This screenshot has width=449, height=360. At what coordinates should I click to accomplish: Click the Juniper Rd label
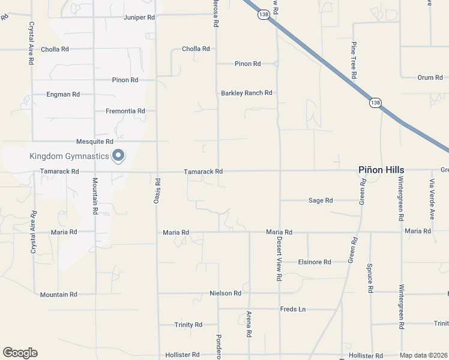139,17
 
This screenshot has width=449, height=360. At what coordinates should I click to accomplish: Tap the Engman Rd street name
63,95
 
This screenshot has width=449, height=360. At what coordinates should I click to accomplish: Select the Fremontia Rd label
125,111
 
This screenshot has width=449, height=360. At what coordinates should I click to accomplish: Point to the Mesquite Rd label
95,142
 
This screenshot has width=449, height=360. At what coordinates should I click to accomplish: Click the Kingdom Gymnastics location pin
118,155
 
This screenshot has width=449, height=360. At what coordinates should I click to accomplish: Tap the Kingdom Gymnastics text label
70,157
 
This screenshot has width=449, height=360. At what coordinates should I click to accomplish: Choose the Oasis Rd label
157,191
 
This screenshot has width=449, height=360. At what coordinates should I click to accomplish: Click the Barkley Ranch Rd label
247,93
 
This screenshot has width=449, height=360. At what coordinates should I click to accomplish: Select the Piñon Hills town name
381,170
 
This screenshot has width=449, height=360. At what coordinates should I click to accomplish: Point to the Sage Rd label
321,200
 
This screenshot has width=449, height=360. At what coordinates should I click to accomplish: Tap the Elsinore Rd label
315,262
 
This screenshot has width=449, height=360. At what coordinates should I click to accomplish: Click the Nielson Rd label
225,293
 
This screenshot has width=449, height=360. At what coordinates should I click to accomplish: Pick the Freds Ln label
293,310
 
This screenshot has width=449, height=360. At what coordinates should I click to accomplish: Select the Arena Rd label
249,323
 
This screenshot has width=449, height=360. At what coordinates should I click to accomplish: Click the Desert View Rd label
279,259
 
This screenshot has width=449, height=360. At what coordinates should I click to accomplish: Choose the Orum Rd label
430,77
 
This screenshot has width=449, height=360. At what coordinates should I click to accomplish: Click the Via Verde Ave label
432,198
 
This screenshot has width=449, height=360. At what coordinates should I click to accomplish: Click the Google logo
20,353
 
